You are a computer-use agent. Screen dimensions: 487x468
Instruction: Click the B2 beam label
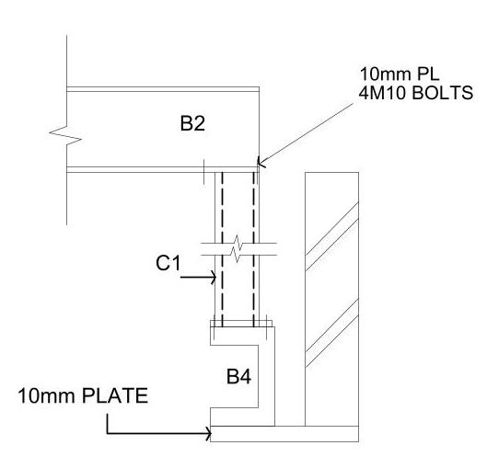tap(192, 123)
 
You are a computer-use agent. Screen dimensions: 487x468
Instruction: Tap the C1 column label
tap(168, 263)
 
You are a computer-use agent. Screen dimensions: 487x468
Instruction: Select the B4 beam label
tap(238, 376)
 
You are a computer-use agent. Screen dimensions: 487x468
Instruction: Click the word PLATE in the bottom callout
tap(115, 395)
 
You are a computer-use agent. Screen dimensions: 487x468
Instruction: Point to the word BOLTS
tap(443, 93)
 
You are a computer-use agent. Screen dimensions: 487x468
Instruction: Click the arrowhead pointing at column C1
tap(214, 277)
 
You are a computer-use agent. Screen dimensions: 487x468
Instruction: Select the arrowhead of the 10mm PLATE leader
tap(208, 433)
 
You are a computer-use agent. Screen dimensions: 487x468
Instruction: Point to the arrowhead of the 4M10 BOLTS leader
tap(261, 162)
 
